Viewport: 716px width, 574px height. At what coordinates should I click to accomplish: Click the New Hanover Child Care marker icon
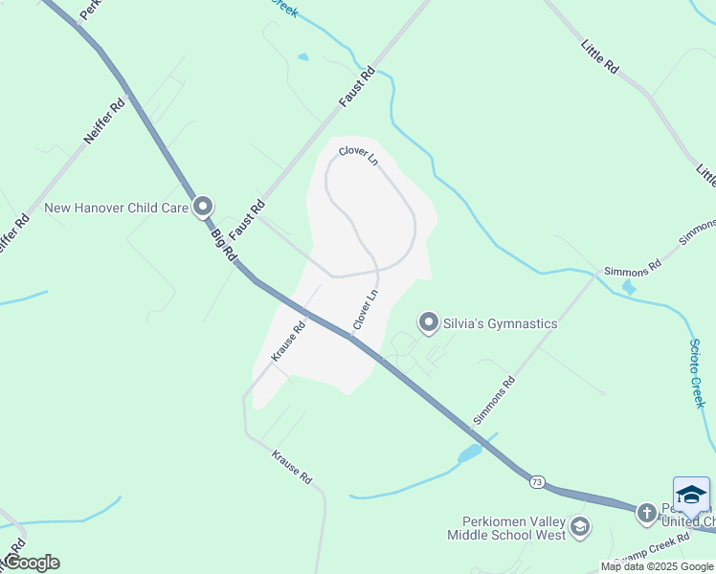click(x=202, y=207)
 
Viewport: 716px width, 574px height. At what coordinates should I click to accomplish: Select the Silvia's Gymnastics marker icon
click(x=429, y=323)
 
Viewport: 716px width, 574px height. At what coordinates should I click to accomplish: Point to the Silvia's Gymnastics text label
click(x=500, y=323)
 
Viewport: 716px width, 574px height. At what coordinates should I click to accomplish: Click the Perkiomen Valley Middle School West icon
click(x=579, y=526)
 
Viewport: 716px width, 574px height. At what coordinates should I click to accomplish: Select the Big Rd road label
click(x=223, y=244)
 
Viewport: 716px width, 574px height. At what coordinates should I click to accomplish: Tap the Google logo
click(x=31, y=563)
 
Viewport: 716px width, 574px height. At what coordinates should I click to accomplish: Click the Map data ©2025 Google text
click(x=657, y=566)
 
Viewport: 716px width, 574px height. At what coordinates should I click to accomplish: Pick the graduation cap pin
click(x=691, y=496)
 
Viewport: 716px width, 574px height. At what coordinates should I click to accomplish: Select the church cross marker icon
click(x=646, y=514)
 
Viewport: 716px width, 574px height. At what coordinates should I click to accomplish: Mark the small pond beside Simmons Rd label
click(x=628, y=286)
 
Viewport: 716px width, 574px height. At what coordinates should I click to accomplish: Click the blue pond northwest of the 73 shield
click(x=470, y=453)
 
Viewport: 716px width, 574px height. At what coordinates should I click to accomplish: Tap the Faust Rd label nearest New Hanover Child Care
click(x=246, y=220)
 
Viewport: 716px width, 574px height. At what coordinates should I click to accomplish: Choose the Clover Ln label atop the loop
click(x=358, y=155)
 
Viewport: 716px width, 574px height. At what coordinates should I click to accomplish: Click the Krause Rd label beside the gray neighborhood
click(x=287, y=341)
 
